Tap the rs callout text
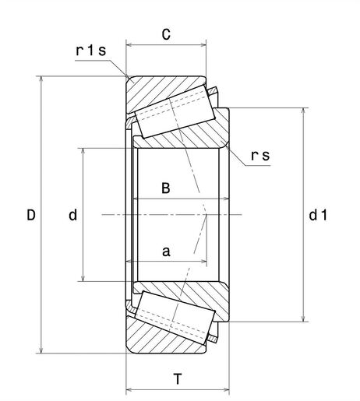pyautogui.click(x=260, y=155)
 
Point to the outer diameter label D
pyautogui.click(x=30, y=215)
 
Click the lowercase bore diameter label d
pyautogui.click(x=72, y=215)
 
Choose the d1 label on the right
pyautogui.click(x=317, y=215)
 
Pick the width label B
pyautogui.click(x=165, y=188)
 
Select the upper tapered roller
pyautogui.click(x=175, y=110)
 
